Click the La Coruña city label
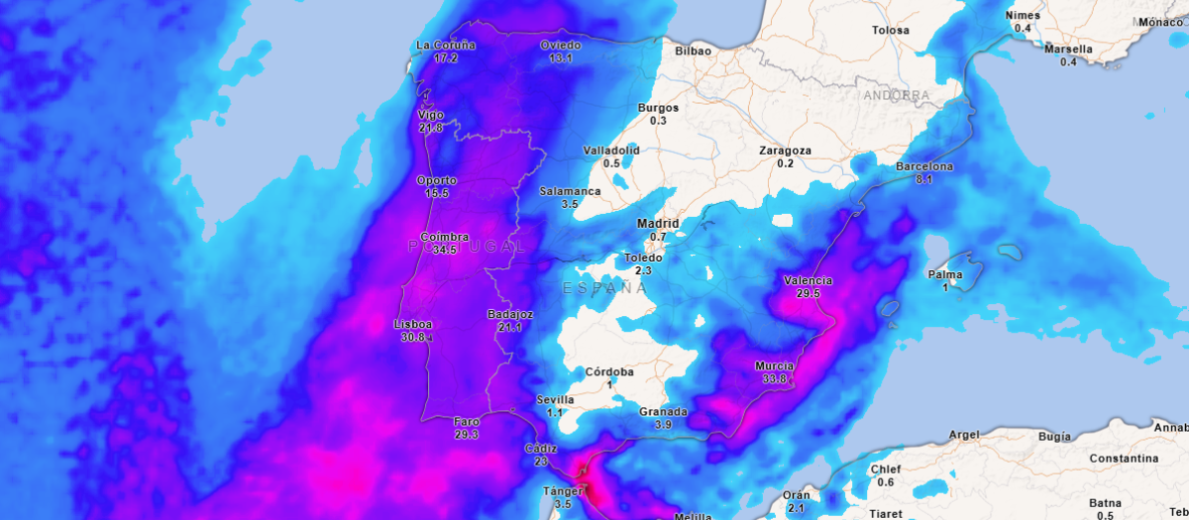(x=446, y=45)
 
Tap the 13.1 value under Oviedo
(x=561, y=58)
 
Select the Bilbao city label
(x=695, y=51)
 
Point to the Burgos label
(x=658, y=107)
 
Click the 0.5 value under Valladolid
(x=611, y=163)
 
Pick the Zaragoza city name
(x=785, y=151)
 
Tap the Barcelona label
(x=923, y=166)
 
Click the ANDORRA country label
(x=896, y=96)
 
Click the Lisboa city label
(x=412, y=324)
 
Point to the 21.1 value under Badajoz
(x=510, y=328)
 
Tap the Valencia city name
(x=808, y=280)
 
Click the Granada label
(x=663, y=411)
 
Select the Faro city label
(x=466, y=421)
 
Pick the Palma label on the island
(x=945, y=273)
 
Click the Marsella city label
(x=1068, y=49)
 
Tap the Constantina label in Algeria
(x=1124, y=459)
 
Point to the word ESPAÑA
(x=604, y=288)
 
